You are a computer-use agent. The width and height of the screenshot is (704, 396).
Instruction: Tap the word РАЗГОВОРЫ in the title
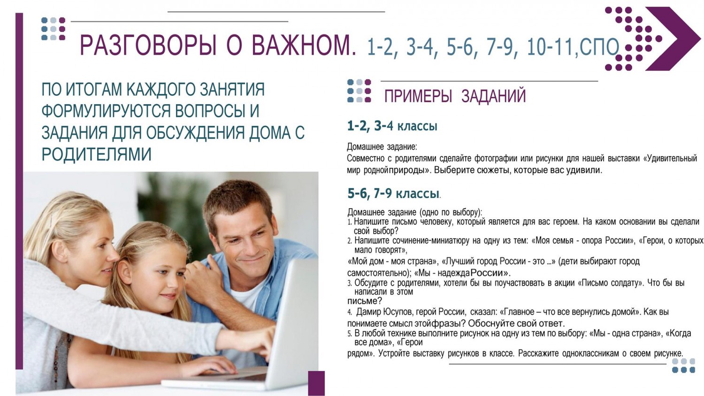[x=148, y=46]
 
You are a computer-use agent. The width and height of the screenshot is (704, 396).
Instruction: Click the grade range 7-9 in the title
[x=498, y=47]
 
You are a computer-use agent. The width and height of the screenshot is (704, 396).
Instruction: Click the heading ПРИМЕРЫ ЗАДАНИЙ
[x=455, y=96]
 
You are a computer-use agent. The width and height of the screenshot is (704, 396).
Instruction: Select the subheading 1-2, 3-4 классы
[x=392, y=126]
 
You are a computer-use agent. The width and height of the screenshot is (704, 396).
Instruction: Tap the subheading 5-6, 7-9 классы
[x=393, y=193]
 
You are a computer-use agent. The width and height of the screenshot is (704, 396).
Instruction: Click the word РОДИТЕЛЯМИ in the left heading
[x=97, y=154]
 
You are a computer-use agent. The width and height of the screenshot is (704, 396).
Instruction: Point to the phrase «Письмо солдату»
[x=609, y=283]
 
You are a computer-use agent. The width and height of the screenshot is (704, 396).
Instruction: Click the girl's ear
[x=124, y=273]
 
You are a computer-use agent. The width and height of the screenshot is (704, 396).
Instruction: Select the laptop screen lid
[x=291, y=324]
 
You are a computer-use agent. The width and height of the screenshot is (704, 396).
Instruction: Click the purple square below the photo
[x=316, y=383]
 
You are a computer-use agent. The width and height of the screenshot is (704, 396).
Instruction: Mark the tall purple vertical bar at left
[x=19, y=191]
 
